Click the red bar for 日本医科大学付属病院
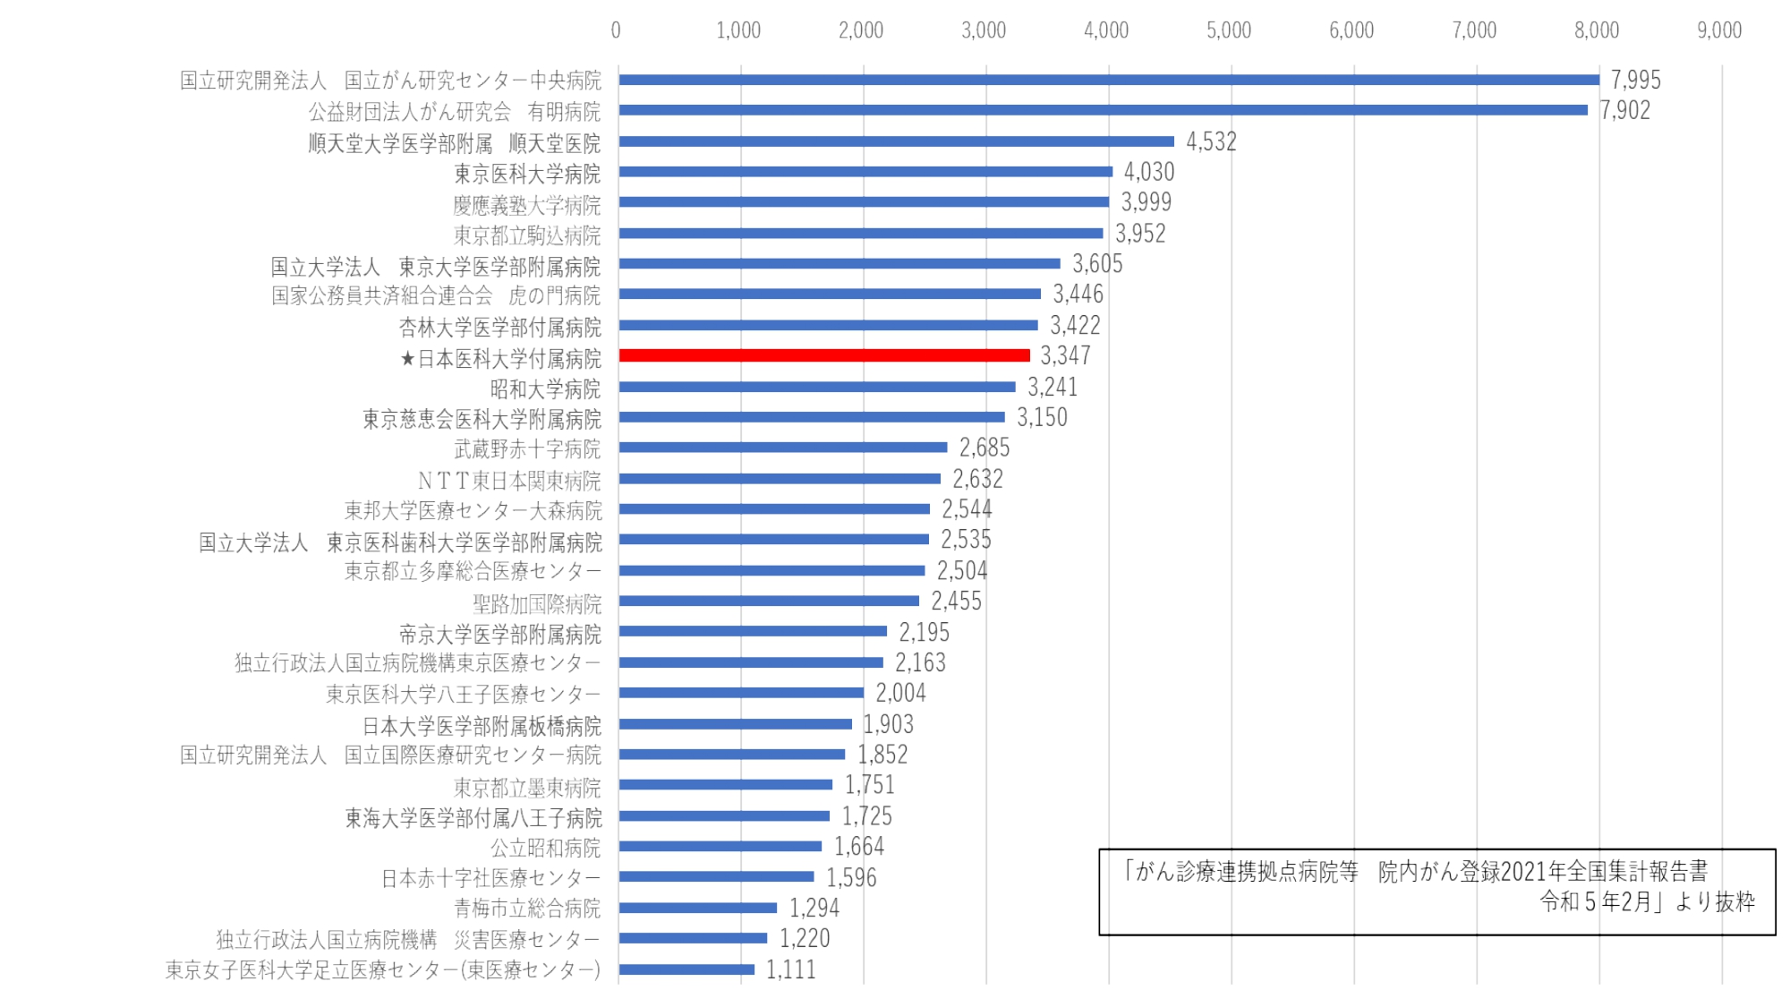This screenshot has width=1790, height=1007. click(824, 355)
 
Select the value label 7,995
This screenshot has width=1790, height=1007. click(1635, 80)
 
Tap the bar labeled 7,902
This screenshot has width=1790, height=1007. click(1103, 110)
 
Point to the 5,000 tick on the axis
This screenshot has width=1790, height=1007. click(1228, 30)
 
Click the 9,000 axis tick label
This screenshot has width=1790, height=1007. click(1718, 30)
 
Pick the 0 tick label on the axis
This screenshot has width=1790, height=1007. click(616, 30)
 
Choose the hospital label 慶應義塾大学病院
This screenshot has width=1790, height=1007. click(526, 205)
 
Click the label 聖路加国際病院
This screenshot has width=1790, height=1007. click(537, 603)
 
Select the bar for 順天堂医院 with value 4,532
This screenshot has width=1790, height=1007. click(896, 141)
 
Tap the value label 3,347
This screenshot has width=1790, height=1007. click(1065, 356)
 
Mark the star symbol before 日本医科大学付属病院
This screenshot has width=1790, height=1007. click(407, 359)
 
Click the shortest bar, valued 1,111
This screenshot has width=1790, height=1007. click(686, 969)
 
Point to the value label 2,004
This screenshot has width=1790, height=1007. click(900, 693)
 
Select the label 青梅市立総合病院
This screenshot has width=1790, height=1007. click(526, 909)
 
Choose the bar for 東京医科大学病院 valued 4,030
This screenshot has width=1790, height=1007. click(865, 172)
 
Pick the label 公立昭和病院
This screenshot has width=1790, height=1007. click(545, 848)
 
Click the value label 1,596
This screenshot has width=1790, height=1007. click(851, 877)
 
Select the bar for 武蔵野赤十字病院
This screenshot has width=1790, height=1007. click(783, 448)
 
